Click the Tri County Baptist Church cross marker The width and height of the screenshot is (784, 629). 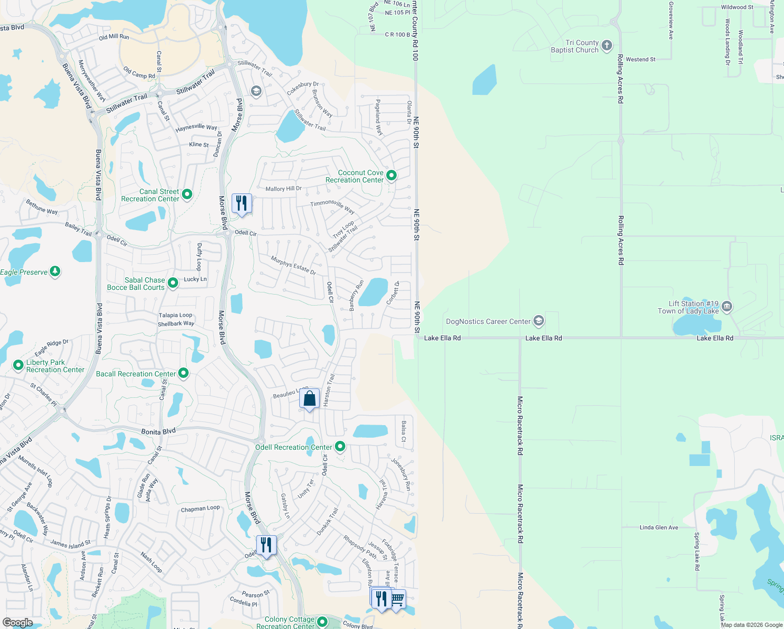click(x=607, y=46)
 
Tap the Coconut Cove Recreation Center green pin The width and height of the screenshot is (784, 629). click(x=391, y=176)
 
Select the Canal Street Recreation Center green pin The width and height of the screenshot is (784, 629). click(x=187, y=195)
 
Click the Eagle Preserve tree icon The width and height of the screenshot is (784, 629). click(x=55, y=272)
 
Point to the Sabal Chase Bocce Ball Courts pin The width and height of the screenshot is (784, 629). click(x=173, y=283)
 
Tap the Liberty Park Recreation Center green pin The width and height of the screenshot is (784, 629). click(x=18, y=365)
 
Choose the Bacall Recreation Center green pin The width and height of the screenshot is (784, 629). click(x=183, y=373)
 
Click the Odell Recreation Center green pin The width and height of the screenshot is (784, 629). click(x=340, y=447)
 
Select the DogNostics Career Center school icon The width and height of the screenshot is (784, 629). click(x=539, y=321)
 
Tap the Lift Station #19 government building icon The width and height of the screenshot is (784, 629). click(x=726, y=307)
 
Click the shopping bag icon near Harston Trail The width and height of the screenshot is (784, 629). click(x=310, y=399)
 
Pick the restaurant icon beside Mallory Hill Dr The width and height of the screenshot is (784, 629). click(x=242, y=203)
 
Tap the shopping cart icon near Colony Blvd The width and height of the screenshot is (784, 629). click(x=397, y=598)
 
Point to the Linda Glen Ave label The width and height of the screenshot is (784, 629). click(x=659, y=527)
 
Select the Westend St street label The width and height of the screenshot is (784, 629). click(x=640, y=59)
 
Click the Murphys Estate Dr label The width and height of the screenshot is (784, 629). click(x=293, y=265)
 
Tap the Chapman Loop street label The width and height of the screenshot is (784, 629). click(x=200, y=508)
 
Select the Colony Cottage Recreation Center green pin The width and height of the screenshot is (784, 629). click(x=322, y=622)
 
